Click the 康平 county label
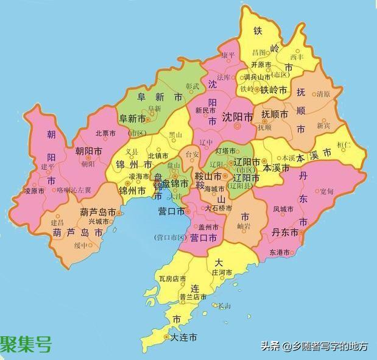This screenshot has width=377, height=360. click(x=228, y=55)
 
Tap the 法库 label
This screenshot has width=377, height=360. click(x=224, y=79)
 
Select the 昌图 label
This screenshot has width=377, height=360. click(x=259, y=52)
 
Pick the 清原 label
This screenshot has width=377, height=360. click(x=323, y=94)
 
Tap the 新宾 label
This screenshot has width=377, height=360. click(x=324, y=125)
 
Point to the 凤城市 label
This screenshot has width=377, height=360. click(x=283, y=209)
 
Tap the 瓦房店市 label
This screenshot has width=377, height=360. click(x=172, y=279)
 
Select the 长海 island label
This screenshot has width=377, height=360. click(x=224, y=306)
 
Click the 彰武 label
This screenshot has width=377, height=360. click(x=192, y=86)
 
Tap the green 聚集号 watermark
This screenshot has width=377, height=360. click(x=26, y=345)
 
